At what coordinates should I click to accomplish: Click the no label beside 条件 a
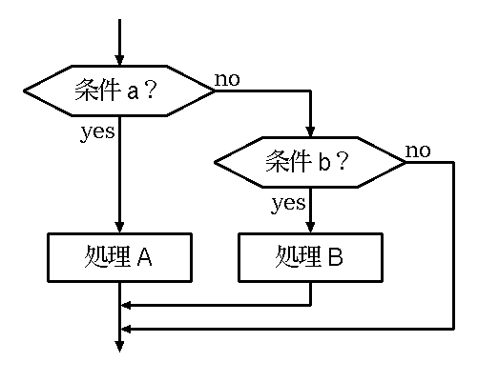pyautogui.click(x=227, y=79)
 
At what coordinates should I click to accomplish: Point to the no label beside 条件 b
pyautogui.click(x=418, y=151)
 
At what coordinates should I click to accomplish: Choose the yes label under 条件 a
pyautogui.click(x=97, y=132)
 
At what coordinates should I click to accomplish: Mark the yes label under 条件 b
pyautogui.click(x=288, y=204)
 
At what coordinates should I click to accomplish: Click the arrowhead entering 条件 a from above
pyautogui.click(x=119, y=60)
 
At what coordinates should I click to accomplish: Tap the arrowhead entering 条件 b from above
pyautogui.click(x=310, y=131)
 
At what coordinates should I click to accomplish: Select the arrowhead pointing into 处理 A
pyautogui.click(x=119, y=228)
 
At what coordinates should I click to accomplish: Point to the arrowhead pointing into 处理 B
pyautogui.click(x=310, y=228)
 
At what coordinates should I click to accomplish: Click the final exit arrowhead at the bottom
pyautogui.click(x=119, y=347)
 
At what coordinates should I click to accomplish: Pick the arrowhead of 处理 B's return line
pyautogui.click(x=126, y=306)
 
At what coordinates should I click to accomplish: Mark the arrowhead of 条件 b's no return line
pyautogui.click(x=126, y=330)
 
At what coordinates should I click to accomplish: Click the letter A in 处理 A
pyautogui.click(x=145, y=257)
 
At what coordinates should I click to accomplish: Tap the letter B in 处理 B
pyautogui.click(x=336, y=257)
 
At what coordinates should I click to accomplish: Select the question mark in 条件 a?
pyautogui.click(x=150, y=90)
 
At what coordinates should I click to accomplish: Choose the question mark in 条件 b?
pyautogui.click(x=343, y=161)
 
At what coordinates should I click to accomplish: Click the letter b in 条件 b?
pyautogui.click(x=324, y=161)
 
